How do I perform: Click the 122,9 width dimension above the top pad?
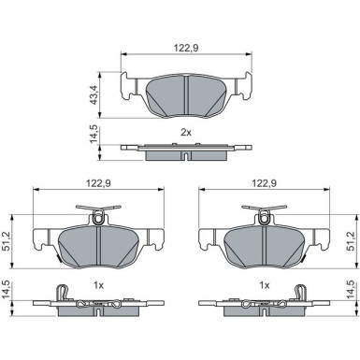coord(186,48)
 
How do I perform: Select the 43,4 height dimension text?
coord(94,94)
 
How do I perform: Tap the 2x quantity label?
coord(186,133)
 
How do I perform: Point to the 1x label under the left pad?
coord(98,285)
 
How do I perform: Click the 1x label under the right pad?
coord(265,285)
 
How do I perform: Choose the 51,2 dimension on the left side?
coord(7,241)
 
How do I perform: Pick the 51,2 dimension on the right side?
coord(351,241)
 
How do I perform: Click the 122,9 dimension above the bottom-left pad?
coord(98,183)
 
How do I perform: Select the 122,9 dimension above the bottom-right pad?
coord(265,183)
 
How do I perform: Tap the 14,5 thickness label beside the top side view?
coord(94,134)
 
